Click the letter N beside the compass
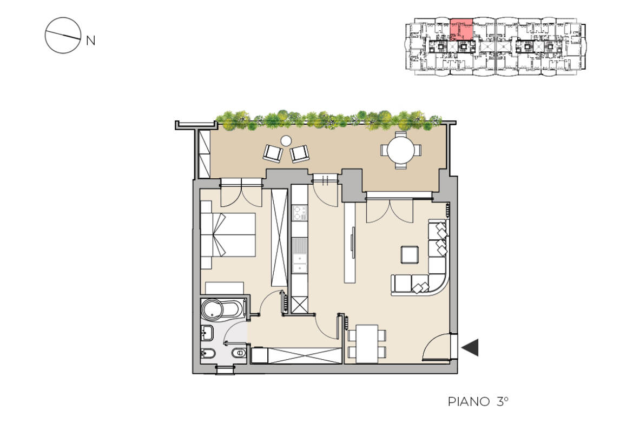point(91,41)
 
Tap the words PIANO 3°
point(478,401)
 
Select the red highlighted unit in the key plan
point(461,29)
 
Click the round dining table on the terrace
point(400,150)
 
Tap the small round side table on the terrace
point(286,140)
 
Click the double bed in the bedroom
point(228,234)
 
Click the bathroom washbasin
point(207,333)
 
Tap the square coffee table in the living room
point(410,255)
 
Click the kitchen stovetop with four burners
point(300,213)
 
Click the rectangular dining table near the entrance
point(367,344)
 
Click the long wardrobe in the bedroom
point(279,238)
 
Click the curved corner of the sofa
point(438,284)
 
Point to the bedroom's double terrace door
point(241,193)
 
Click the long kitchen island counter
point(350,242)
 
